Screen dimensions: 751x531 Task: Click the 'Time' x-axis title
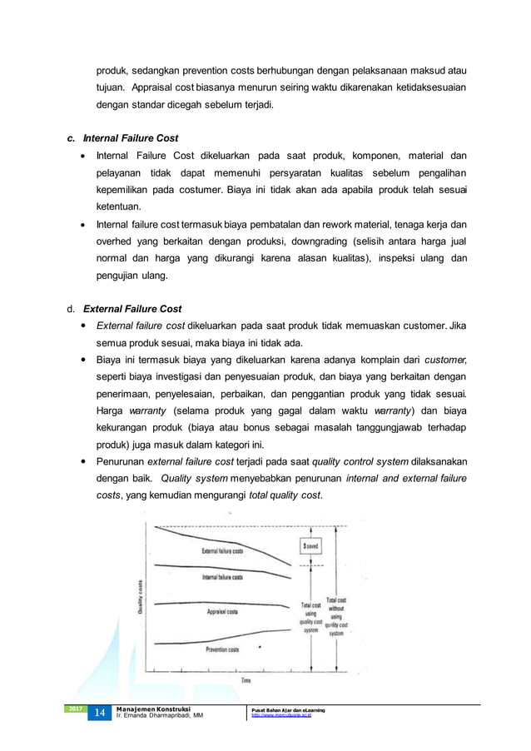(246, 680)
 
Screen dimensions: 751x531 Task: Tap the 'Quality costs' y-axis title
(141, 597)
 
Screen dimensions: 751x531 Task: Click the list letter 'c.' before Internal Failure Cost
(72, 138)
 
